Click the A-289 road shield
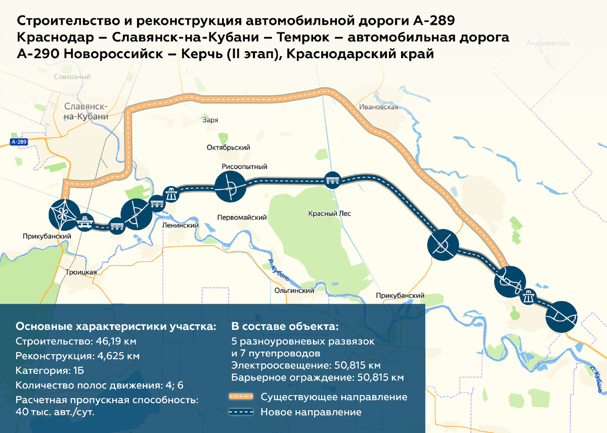pos(18,142)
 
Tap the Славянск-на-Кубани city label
pos(86,111)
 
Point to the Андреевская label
pos(548,43)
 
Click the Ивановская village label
pos(378,107)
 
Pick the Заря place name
pos(210,120)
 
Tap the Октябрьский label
pos(229,148)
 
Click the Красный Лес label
pos(329,214)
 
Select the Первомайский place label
pos(241,217)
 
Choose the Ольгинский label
pos(294,291)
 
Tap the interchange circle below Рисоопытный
pos(230,187)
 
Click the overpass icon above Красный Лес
pos(332,180)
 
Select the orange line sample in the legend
pos(242,397)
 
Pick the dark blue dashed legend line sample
pos(242,412)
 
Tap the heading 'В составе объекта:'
pos(284,325)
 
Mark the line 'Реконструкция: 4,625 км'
pos(77,356)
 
